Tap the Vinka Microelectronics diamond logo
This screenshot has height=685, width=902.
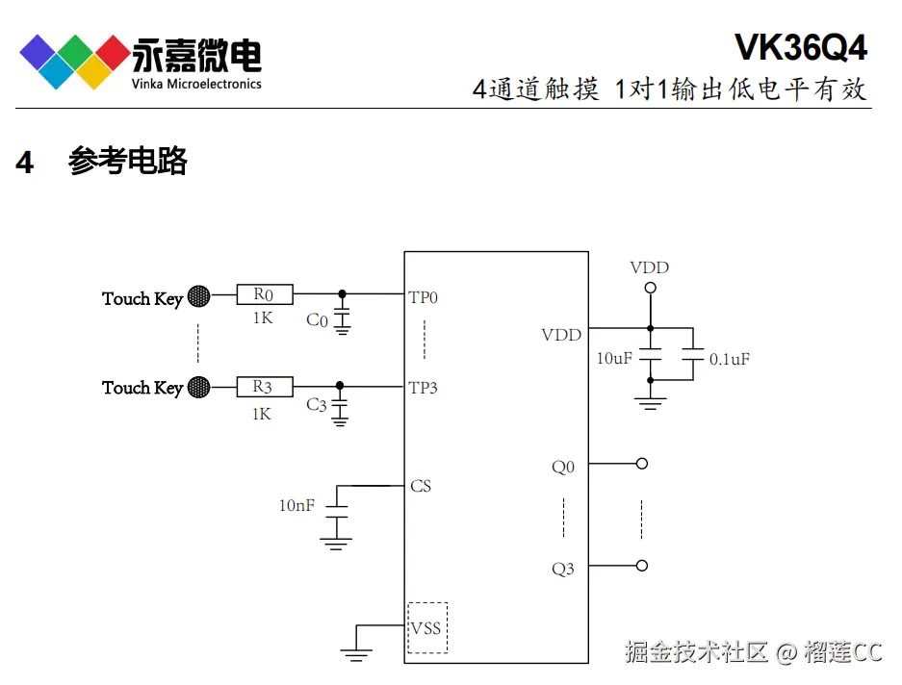click(x=74, y=61)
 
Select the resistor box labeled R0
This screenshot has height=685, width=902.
click(x=264, y=294)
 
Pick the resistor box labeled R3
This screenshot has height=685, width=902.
click(x=264, y=387)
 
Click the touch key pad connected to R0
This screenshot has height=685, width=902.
click(x=198, y=296)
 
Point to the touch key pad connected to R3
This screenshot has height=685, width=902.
click(x=198, y=387)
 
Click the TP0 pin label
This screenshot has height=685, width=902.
click(x=424, y=297)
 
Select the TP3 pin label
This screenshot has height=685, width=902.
click(x=424, y=388)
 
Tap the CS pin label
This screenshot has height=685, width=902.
click(x=421, y=486)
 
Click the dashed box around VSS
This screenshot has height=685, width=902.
click(x=426, y=628)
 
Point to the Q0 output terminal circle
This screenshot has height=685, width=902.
click(x=642, y=464)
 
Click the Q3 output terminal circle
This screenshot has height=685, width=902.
click(x=642, y=566)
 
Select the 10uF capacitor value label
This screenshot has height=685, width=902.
click(x=614, y=358)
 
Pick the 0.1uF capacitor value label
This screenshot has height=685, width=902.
click(x=729, y=359)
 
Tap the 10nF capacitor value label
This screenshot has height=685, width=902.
click(x=296, y=504)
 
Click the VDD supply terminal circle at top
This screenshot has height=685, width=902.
click(x=650, y=288)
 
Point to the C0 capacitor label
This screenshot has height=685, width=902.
click(x=317, y=319)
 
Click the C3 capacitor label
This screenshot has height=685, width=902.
click(x=317, y=405)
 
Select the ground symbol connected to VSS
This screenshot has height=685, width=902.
click(x=356, y=654)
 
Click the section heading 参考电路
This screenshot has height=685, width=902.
click(x=127, y=162)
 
